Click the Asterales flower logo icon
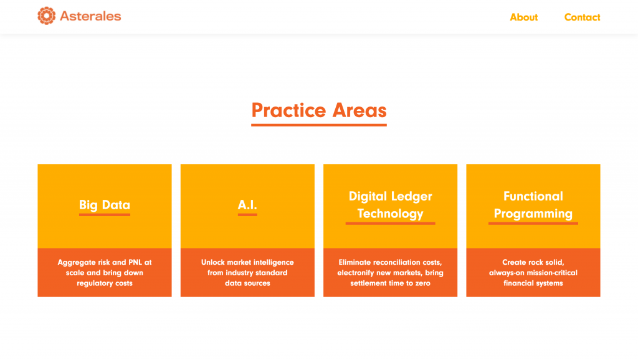tap(46, 16)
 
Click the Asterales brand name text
tap(90, 16)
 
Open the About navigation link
tap(523, 17)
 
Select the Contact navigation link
tap(583, 17)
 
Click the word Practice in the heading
tap(288, 110)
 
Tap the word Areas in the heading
tap(359, 110)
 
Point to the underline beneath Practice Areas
tap(319, 125)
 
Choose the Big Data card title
tap(105, 205)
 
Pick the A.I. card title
tap(247, 205)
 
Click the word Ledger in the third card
tap(412, 196)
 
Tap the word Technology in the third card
tap(390, 214)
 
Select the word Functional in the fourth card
tap(533, 196)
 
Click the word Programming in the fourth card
tap(533, 214)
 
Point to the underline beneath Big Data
tap(105, 214)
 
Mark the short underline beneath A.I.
tap(247, 214)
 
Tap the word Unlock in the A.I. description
tap(213, 262)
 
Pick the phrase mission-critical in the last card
tap(553, 273)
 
